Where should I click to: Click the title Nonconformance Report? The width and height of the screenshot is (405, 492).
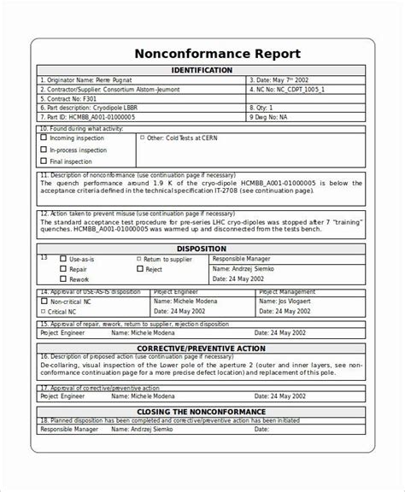click(x=202, y=53)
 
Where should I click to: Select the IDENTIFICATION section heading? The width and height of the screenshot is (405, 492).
click(x=202, y=70)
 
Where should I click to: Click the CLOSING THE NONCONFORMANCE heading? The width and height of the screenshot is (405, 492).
click(x=202, y=412)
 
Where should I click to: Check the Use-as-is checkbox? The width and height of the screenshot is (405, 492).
click(x=63, y=258)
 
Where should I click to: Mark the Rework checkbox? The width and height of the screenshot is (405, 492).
click(x=63, y=279)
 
